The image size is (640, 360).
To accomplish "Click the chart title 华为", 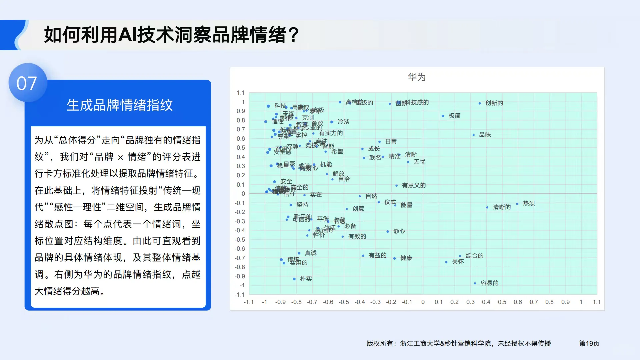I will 417,77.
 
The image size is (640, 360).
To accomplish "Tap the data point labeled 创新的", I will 480,103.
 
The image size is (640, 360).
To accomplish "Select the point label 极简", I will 454,116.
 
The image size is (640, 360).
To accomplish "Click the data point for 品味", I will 474,135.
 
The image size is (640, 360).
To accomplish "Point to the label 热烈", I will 529,203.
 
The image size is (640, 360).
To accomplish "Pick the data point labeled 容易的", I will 475,283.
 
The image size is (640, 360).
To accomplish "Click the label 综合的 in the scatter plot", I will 474,256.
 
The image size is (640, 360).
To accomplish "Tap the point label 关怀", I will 458,262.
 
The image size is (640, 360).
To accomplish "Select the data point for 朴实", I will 294,279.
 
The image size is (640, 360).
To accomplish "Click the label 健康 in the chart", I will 406,258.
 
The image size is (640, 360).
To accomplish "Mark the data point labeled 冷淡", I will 332,122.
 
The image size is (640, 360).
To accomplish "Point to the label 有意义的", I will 414,185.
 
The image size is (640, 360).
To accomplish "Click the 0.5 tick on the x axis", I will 502,302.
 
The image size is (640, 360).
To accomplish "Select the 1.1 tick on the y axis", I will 241,93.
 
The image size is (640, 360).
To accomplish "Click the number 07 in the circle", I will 27,83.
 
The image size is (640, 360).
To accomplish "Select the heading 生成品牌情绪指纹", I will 120,105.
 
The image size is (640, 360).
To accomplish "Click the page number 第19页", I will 589,343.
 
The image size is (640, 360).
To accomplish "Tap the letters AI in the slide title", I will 127,35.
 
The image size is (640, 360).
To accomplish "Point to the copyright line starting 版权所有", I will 459,343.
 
